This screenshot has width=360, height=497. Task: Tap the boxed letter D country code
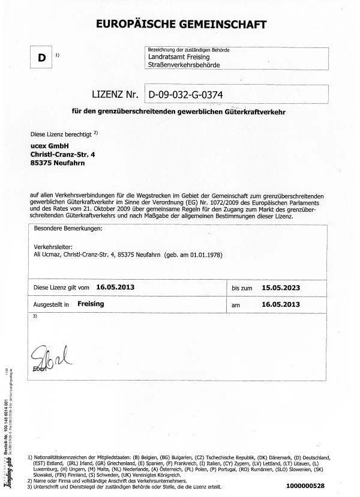click(x=41, y=58)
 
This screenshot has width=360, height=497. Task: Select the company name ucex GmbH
click(x=50, y=145)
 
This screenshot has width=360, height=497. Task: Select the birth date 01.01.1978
click(x=203, y=255)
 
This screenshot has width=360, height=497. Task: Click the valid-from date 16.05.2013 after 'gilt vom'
click(x=115, y=287)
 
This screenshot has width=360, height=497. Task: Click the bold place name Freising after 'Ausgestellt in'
click(x=91, y=304)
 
